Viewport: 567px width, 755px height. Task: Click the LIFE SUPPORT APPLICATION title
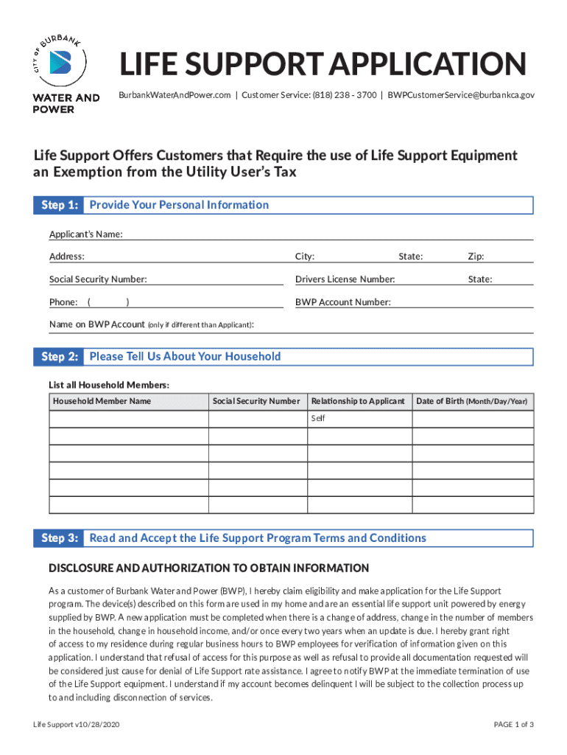[323, 65]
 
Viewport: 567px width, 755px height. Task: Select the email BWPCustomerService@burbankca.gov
[461, 95]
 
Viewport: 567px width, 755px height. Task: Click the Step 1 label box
[57, 205]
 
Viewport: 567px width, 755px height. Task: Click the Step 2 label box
[57, 357]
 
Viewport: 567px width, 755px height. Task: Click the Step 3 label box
[57, 538]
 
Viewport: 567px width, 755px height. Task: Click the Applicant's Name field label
[85, 234]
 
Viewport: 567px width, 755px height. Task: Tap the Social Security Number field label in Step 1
[98, 279]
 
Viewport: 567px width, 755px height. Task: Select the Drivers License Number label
[345, 279]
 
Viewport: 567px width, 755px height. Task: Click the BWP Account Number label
[342, 302]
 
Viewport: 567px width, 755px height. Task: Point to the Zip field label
[476, 257]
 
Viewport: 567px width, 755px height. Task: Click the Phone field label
[63, 302]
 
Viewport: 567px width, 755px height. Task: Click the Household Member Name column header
[102, 401]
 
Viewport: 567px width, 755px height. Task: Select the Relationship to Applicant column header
[358, 401]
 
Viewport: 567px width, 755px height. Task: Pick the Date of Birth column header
[471, 401]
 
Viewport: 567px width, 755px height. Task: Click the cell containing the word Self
[359, 419]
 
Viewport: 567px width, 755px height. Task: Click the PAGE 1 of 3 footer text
[513, 725]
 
